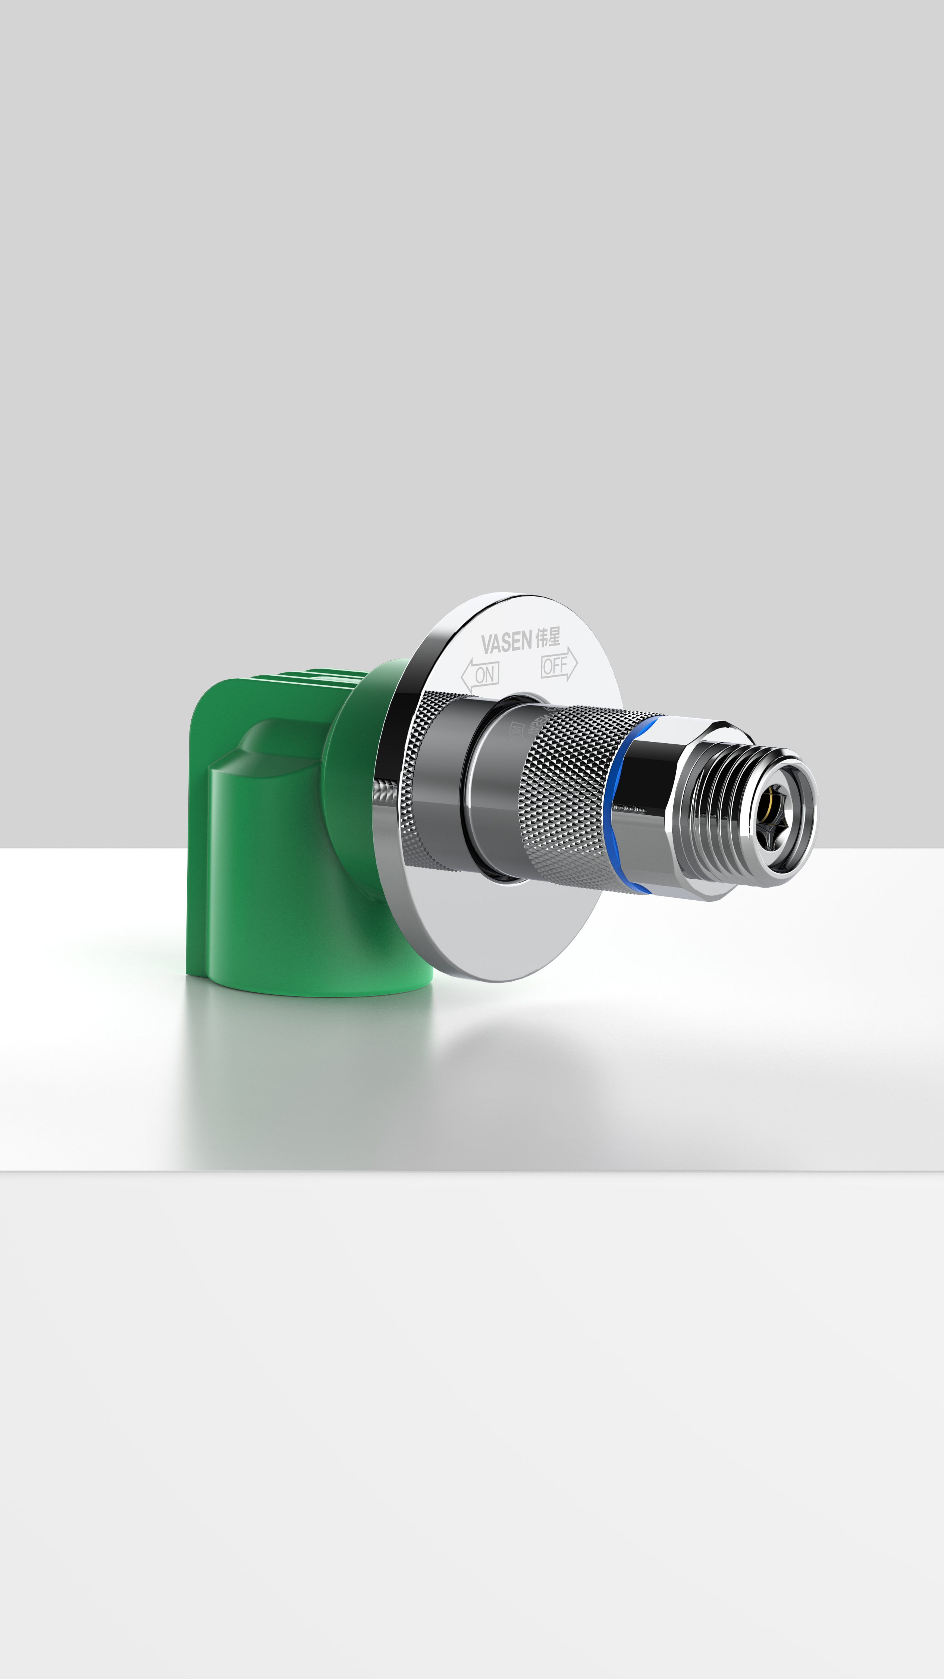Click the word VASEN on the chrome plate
pyautogui.click(x=506, y=642)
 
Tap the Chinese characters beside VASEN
pyautogui.click(x=548, y=637)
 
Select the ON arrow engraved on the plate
pyautogui.click(x=481, y=675)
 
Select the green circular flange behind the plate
pyautogui.click(x=355, y=782)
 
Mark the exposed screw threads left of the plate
pyautogui.click(x=385, y=795)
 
